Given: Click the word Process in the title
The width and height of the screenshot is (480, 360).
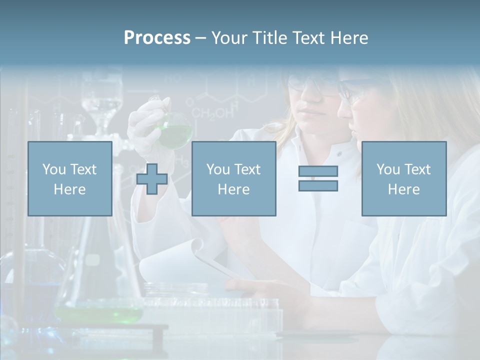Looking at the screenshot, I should point(157,38).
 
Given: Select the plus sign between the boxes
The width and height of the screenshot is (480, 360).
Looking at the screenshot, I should point(152,178).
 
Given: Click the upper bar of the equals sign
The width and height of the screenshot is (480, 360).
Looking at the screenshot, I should point(318,171).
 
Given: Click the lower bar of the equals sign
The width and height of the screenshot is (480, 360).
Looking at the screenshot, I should point(318,185).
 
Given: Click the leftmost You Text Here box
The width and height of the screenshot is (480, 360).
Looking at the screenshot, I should point(69,178).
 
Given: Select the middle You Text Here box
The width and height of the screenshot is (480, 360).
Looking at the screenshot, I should point(233,178).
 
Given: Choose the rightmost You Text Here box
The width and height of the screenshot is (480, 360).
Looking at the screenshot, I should point(403,178).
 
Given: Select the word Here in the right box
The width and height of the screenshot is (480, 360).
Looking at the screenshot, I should point(403,189).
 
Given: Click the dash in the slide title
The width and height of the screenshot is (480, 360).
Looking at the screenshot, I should point(200,38).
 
